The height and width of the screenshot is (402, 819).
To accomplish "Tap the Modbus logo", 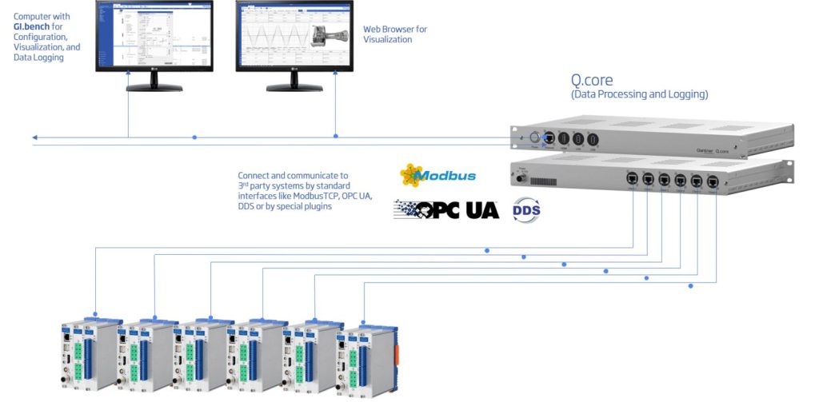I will pos(437,175).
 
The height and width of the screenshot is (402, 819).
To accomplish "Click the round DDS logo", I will pos(526,209).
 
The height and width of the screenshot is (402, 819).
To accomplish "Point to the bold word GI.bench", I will pos(32,26).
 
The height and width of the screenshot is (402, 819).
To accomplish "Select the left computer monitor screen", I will pos(154,34).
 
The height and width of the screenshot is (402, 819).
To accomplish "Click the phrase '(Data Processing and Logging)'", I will pos(639,94).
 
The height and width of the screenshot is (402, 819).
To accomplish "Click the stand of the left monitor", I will pos(153,82).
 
